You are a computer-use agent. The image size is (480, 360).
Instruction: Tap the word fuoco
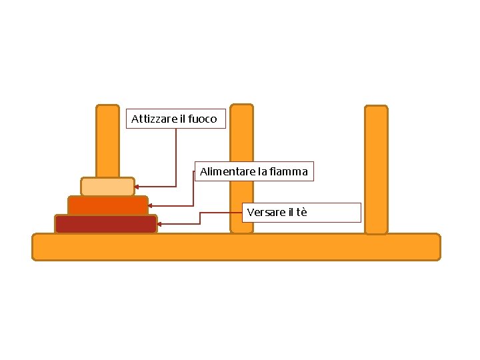click(x=203, y=119)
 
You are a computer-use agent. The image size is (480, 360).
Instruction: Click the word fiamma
click(x=289, y=172)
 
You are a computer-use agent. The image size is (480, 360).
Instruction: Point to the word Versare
click(x=265, y=213)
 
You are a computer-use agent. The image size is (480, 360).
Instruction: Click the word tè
click(x=301, y=213)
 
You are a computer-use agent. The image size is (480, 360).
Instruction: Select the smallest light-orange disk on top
click(x=107, y=187)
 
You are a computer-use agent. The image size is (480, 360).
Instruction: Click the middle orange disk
click(x=107, y=205)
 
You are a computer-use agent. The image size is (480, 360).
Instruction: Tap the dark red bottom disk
click(x=106, y=224)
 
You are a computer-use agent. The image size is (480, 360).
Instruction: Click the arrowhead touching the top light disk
click(x=137, y=187)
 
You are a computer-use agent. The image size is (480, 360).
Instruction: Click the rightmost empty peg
click(x=376, y=169)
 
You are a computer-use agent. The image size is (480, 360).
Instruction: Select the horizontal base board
click(x=236, y=247)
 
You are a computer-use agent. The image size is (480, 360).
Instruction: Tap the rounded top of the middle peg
click(x=241, y=109)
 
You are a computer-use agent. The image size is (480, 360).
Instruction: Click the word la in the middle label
click(x=263, y=172)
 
